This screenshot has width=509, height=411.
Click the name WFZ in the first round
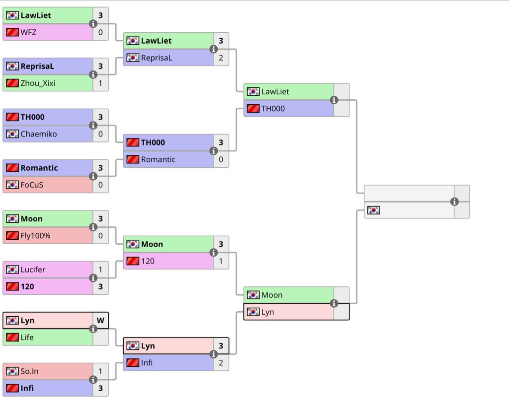(28, 32)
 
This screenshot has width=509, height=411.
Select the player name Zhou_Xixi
(38, 83)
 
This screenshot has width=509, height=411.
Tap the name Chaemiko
(39, 134)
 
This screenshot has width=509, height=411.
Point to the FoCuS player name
(32, 185)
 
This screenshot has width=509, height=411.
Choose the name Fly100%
(35, 236)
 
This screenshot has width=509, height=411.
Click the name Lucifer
(33, 270)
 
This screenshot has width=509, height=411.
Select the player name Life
(27, 338)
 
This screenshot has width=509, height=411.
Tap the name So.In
(30, 371)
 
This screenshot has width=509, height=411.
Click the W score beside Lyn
(100, 321)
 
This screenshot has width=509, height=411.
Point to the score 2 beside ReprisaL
(221, 58)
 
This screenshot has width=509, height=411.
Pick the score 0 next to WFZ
(100, 32)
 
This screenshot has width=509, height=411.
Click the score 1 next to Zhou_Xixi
(100, 83)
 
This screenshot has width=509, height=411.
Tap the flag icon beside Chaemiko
(12, 134)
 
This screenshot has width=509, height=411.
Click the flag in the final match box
(373, 210)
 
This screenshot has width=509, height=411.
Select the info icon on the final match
(454, 202)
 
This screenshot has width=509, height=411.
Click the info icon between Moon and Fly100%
(93, 227)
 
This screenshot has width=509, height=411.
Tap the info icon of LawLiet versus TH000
(334, 100)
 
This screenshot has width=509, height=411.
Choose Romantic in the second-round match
(158, 159)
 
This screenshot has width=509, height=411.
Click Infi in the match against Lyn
(147, 363)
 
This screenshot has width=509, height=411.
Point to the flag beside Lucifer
(12, 270)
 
